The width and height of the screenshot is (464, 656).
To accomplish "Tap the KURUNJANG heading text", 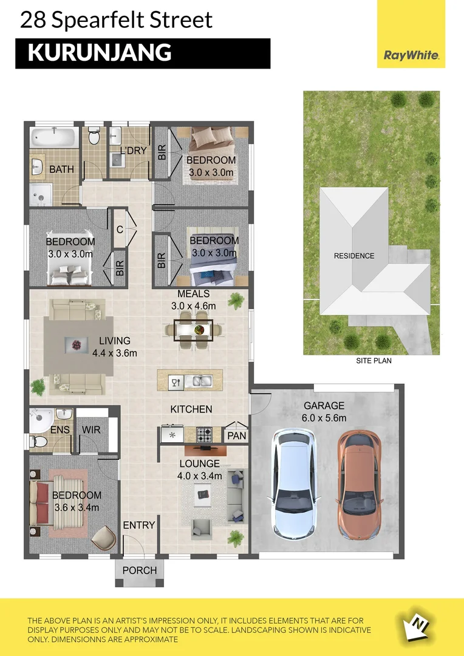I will pyautogui.click(x=100, y=53).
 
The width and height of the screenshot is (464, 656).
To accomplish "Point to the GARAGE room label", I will pyautogui.click(x=324, y=406).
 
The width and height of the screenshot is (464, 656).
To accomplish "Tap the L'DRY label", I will pyautogui.click(x=133, y=150).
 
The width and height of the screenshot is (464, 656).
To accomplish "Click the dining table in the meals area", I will pyautogui.click(x=194, y=330).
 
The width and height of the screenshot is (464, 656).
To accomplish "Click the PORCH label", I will pyautogui.click(x=140, y=570).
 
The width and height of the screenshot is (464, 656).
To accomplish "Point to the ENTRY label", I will pyautogui.click(x=139, y=525).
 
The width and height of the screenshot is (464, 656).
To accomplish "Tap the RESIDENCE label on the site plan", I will pyautogui.click(x=354, y=256).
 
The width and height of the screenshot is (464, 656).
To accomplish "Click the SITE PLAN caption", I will pyautogui.click(x=374, y=361).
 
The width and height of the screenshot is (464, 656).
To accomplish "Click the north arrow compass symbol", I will pyautogui.click(x=419, y=622).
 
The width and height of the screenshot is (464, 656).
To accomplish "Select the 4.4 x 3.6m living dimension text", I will pyautogui.click(x=115, y=353).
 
